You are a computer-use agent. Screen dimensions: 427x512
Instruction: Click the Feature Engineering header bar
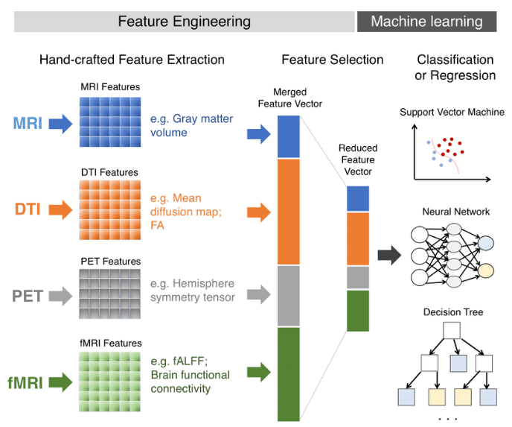click(x=184, y=22)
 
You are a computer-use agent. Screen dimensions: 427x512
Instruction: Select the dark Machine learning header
click(x=426, y=22)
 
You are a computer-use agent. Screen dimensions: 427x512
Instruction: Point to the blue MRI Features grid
click(x=110, y=123)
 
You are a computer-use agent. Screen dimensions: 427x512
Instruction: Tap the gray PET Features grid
click(x=110, y=296)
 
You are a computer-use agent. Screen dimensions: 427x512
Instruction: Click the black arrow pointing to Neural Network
click(x=387, y=256)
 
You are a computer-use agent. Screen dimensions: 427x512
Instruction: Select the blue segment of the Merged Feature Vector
click(x=288, y=136)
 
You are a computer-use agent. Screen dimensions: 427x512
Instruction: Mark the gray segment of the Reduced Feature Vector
click(x=357, y=277)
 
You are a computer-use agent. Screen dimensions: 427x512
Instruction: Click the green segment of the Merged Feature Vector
click(x=288, y=372)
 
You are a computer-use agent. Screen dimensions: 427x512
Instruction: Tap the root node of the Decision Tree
click(x=452, y=330)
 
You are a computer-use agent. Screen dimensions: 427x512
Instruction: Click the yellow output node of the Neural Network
click(x=486, y=270)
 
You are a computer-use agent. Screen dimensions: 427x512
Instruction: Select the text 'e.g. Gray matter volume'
click(x=191, y=125)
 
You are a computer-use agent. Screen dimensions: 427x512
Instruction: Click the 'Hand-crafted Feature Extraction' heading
click(x=131, y=60)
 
